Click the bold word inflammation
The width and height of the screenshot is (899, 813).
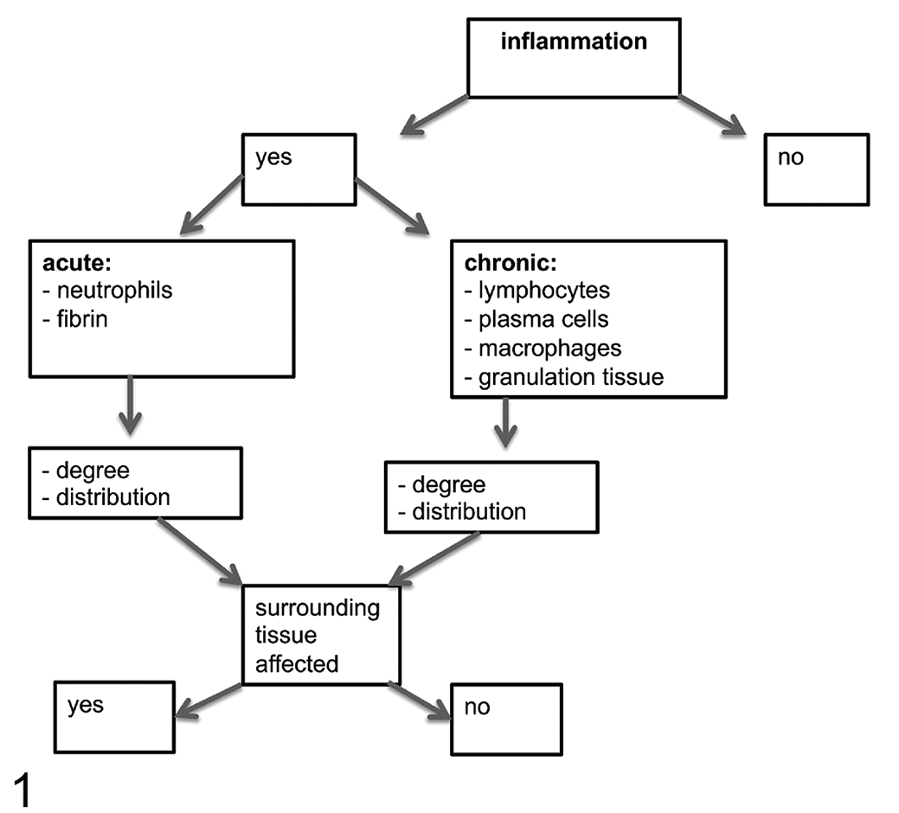574,42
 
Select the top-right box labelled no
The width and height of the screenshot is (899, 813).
817,170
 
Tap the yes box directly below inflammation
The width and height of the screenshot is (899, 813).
299,170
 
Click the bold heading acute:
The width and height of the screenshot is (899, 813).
77,263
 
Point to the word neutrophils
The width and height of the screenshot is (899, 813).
115,291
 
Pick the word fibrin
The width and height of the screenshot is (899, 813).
82,319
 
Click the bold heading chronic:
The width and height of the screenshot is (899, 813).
511,263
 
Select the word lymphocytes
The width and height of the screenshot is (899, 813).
544,291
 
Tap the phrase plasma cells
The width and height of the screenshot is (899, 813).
543,320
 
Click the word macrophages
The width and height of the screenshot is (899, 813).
549,349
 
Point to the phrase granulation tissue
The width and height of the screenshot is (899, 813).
571,378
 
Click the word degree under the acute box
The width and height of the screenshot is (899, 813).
93,471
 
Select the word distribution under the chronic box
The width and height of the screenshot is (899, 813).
469,512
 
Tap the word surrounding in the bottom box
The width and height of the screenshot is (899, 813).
318,609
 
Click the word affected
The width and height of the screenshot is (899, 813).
297,664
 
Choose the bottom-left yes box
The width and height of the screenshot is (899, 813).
115,717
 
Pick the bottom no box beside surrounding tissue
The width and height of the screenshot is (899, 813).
507,719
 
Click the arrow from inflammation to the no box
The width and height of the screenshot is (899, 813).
712,115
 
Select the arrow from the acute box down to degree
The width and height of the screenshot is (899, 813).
130,405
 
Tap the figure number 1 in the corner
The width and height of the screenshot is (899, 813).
22,791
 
